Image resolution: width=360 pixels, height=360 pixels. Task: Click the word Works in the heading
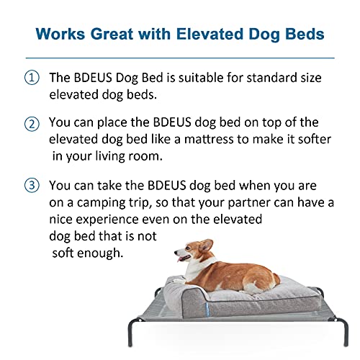point(60,34)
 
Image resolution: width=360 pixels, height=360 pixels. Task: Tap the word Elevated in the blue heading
point(210,34)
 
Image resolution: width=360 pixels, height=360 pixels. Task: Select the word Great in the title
point(112,34)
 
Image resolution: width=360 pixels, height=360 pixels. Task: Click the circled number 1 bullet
point(32,78)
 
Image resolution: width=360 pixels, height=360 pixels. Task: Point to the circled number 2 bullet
point(32,124)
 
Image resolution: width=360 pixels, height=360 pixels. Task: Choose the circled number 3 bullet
point(32,186)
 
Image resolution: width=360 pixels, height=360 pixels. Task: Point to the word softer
point(315,139)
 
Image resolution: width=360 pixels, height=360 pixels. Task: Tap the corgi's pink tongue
point(181,258)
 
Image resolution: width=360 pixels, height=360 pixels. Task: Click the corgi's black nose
point(176,252)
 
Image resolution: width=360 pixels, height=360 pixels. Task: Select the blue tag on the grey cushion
point(208,310)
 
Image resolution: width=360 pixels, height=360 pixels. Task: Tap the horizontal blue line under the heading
point(180,58)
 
